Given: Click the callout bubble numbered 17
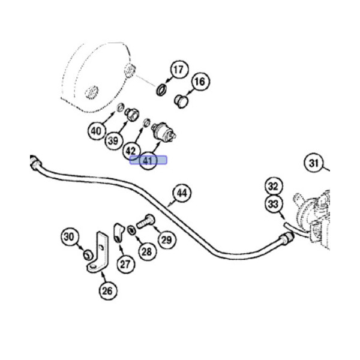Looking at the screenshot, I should pyautogui.click(x=178, y=70).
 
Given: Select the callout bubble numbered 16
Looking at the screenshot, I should pyautogui.click(x=200, y=81).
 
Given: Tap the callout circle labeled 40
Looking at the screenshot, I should pyautogui.click(x=96, y=130).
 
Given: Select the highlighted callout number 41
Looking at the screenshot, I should pyautogui.click(x=148, y=161).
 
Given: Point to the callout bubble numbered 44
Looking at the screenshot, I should pyautogui.click(x=182, y=193).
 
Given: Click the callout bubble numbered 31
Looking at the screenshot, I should pyautogui.click(x=313, y=163).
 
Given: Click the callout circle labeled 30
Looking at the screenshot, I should pyautogui.click(x=70, y=238).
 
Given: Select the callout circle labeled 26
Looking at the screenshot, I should pyautogui.click(x=107, y=292).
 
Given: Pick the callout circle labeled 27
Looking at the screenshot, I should pyautogui.click(x=125, y=263).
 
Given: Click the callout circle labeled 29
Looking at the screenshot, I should pyautogui.click(x=166, y=239).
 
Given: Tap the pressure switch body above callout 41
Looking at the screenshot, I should pyautogui.click(x=163, y=130).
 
